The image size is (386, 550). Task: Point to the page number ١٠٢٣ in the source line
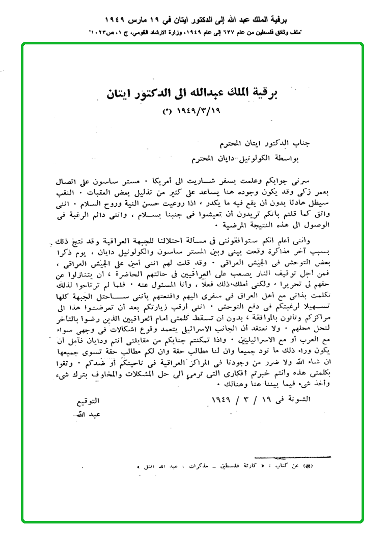[x=101, y=32]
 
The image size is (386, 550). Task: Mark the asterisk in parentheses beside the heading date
[x=167, y=110]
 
